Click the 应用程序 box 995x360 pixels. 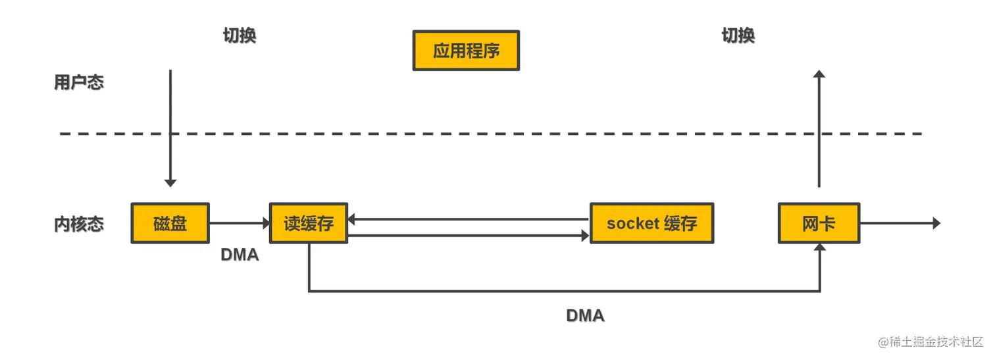coord(466,51)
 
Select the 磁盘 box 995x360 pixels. coord(170,224)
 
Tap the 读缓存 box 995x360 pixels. coord(309,224)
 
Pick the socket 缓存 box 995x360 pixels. coord(651,224)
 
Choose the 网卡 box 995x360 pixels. coord(819,224)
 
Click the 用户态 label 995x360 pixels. coord(79,83)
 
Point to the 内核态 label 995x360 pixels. coord(79,224)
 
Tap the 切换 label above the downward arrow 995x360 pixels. coord(240,36)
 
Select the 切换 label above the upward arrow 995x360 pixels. coord(738,36)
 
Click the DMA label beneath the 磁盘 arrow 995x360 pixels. coord(240,255)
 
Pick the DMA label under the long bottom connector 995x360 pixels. coord(585,316)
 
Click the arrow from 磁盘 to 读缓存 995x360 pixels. coord(240,224)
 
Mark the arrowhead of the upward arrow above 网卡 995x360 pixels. coord(819,74)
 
